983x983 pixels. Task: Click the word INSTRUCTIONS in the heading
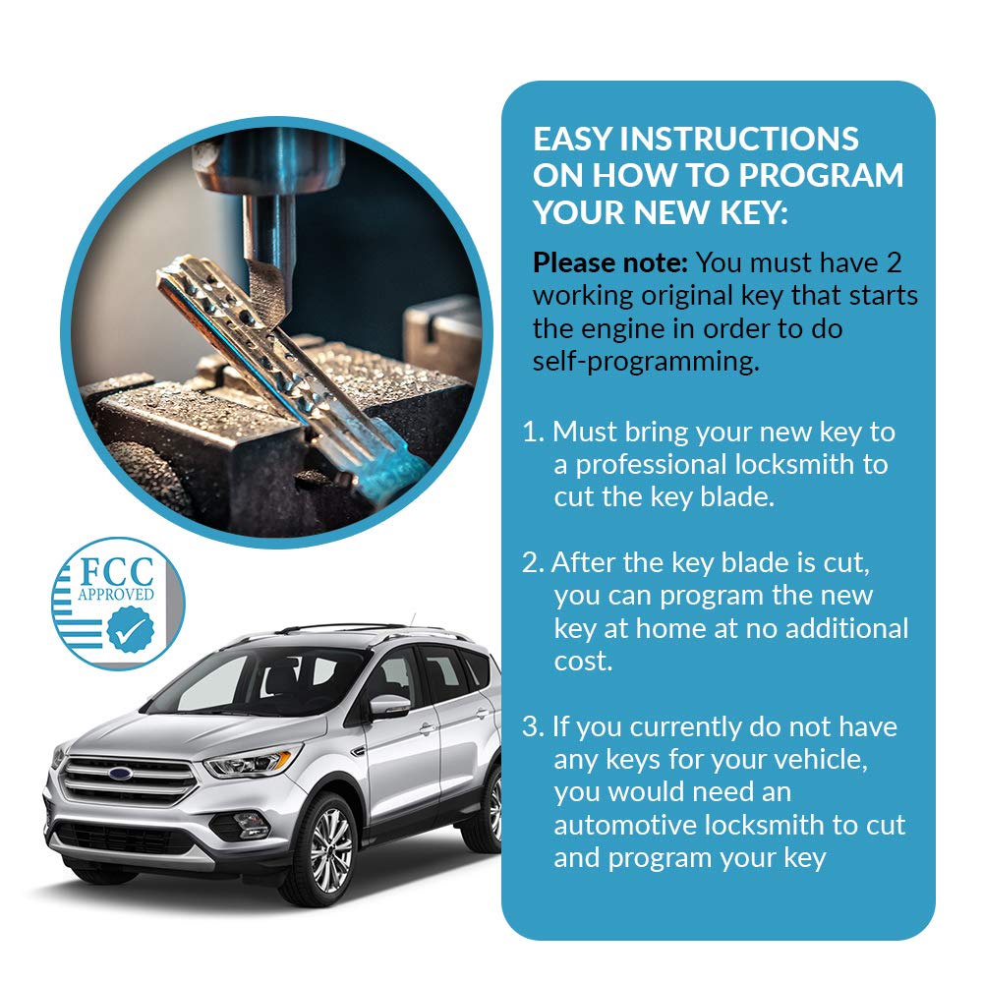[739, 139]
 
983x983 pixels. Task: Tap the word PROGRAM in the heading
[821, 175]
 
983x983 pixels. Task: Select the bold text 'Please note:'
[610, 262]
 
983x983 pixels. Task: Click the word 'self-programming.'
[646, 362]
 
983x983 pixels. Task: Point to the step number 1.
[532, 432]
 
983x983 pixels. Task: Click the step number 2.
[532, 563]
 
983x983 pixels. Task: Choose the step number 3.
[532, 727]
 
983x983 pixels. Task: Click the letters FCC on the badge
[117, 572]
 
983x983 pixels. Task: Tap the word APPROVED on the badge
[116, 594]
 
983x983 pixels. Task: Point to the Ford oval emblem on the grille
[120, 774]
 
